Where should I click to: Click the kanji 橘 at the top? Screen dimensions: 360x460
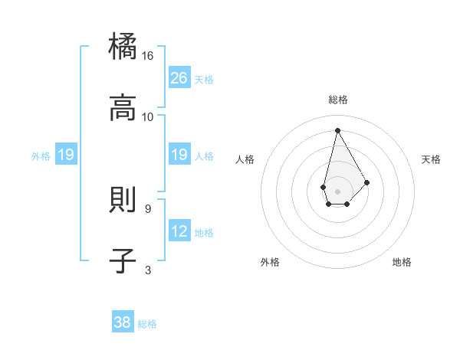point(123,47)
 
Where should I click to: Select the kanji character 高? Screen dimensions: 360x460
point(123,108)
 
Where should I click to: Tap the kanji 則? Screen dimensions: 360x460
point(123,200)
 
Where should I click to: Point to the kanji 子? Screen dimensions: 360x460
point(123,261)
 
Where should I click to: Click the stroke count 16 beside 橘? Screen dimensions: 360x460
point(148,56)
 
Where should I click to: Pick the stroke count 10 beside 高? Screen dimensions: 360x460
point(148,117)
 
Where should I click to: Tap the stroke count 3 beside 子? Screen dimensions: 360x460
point(148,270)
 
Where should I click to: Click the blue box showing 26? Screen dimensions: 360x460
point(179,78)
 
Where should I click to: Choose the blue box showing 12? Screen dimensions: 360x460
point(179,231)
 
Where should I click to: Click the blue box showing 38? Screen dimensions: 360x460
point(123,322)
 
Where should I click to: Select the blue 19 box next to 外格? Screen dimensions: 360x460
point(66,155)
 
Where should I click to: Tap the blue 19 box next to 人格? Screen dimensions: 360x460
point(179,155)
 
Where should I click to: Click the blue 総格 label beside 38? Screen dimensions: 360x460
point(147,324)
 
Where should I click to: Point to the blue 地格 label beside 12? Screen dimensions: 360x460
point(204,233)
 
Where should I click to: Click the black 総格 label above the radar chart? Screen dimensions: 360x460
point(337,100)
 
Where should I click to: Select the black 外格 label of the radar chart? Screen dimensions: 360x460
point(270,262)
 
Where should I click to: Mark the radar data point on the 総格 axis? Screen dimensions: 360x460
point(337,130)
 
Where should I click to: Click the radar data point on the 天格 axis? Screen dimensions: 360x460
point(366,182)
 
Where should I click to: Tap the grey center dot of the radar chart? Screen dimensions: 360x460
point(337,190)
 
